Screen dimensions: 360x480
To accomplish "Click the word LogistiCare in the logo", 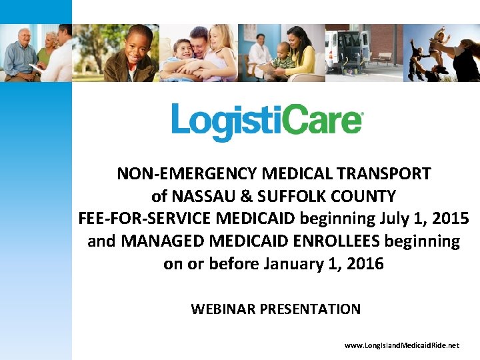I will point(267,123).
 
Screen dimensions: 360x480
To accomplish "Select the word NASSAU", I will point(199,197).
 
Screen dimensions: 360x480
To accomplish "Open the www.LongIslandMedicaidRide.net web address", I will point(402,346).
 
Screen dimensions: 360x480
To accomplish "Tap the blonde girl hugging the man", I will point(221,50).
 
